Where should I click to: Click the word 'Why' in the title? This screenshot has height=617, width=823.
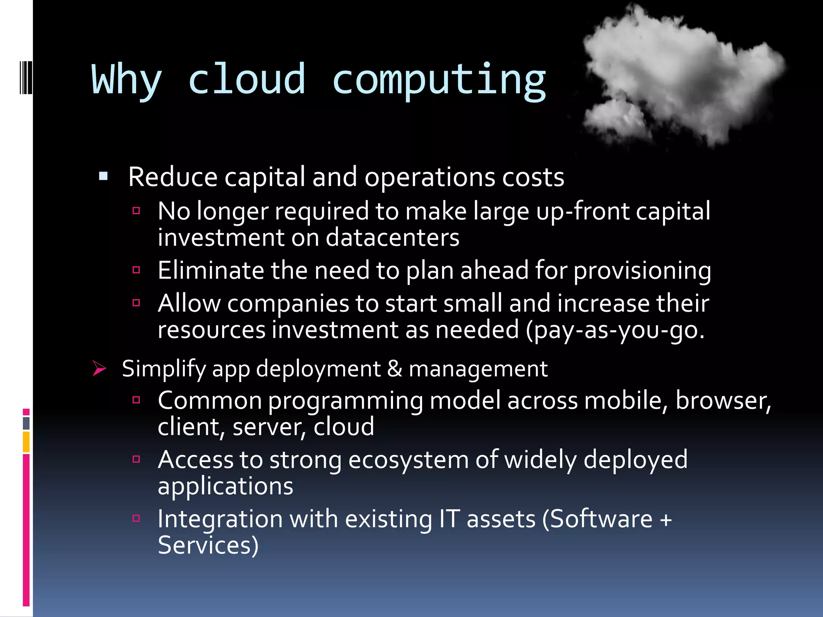click(127, 80)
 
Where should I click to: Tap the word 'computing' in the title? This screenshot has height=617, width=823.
click(439, 80)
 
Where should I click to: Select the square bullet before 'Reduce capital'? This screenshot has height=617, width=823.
click(103, 176)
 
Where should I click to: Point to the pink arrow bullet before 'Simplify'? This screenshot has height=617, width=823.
click(99, 368)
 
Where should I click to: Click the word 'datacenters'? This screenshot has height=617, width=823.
click(392, 237)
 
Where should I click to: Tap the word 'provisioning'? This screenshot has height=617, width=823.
click(642, 271)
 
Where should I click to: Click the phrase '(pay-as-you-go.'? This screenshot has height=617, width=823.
click(615, 330)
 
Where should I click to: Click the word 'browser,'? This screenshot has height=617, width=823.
click(723, 400)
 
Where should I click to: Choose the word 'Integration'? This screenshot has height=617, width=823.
click(220, 519)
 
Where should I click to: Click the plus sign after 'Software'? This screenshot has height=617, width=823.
click(666, 519)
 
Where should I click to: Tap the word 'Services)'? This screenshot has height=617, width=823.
click(208, 545)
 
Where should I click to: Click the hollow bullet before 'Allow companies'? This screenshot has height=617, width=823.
click(136, 302)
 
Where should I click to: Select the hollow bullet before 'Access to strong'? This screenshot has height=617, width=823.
click(136, 459)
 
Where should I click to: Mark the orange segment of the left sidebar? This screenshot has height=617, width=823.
click(26, 441)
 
